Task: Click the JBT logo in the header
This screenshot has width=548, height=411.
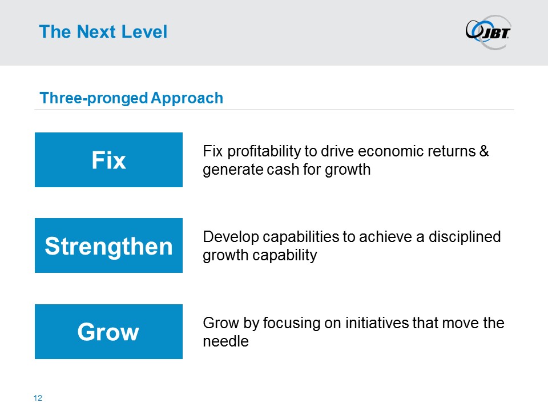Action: pyautogui.click(x=488, y=32)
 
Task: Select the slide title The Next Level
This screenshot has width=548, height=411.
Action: pyautogui.click(x=103, y=31)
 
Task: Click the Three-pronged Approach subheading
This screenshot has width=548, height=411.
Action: pyautogui.click(x=131, y=98)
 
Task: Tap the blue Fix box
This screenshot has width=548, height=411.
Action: pyautogui.click(x=108, y=160)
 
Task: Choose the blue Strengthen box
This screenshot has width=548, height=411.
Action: pyautogui.click(x=108, y=245)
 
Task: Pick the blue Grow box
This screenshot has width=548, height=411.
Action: pyautogui.click(x=108, y=331)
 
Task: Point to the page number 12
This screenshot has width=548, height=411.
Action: pyautogui.click(x=38, y=398)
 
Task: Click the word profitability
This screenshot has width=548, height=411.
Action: pyautogui.click(x=264, y=152)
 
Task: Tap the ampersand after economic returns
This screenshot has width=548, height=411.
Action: pyautogui.click(x=484, y=151)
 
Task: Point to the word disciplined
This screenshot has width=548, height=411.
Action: pyautogui.click(x=465, y=237)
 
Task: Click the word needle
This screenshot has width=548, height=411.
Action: pyautogui.click(x=226, y=341)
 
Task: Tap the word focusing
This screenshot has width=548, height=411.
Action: pyautogui.click(x=292, y=323)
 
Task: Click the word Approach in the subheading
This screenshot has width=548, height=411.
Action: pyautogui.click(x=187, y=98)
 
